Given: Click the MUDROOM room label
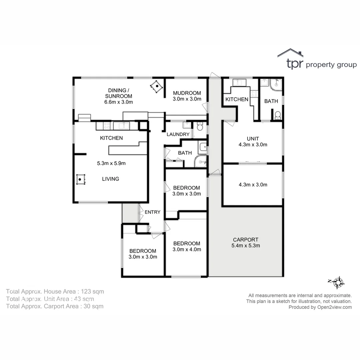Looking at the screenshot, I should click(187, 93).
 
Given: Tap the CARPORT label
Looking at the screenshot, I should click(245, 240).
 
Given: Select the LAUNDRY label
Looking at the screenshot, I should click(178, 134).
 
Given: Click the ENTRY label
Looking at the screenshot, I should click(152, 212).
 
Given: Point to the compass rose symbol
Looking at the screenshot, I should click(339, 282).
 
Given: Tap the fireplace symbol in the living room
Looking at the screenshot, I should click(80, 179).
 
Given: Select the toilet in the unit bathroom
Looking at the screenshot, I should click(278, 116).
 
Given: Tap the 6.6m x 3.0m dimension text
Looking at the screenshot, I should click(119, 102).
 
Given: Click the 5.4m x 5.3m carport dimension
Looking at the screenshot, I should click(245, 246).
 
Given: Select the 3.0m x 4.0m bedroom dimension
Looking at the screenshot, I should click(187, 249).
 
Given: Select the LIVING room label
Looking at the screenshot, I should click(110, 179).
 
